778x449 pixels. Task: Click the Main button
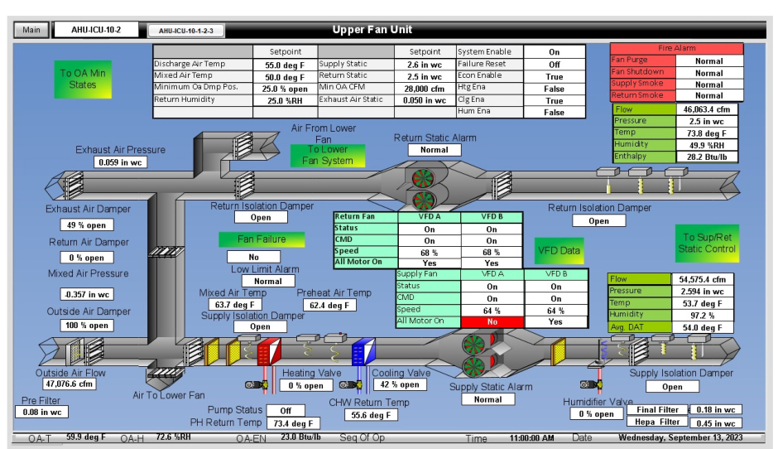(31, 31)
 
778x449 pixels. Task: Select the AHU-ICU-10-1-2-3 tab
(185, 31)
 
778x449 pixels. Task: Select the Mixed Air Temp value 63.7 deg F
(232, 305)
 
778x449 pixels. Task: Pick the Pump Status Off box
(286, 410)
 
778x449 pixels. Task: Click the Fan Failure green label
(262, 239)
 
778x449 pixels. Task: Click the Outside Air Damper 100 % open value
(87, 326)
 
